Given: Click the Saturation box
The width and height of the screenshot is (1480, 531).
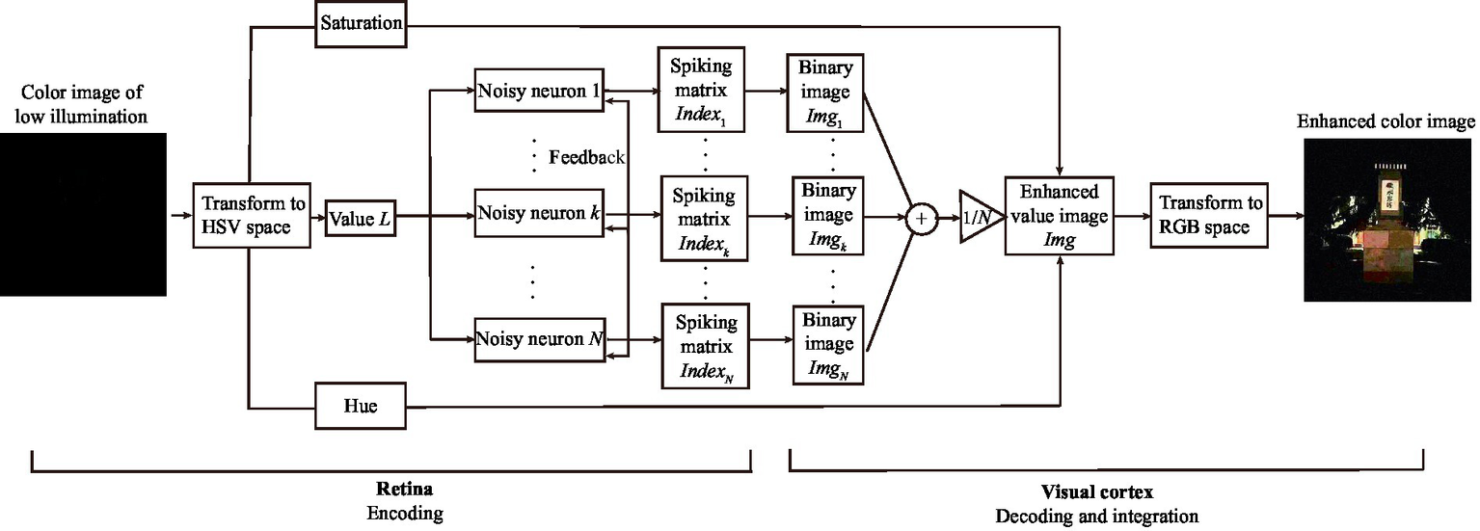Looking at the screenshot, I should tap(360, 23).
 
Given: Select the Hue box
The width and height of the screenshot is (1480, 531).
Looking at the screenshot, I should tap(360, 407).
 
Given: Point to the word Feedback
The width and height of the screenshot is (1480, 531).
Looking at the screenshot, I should tap(586, 157).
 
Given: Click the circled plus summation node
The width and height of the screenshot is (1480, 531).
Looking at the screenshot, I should tap(922, 219).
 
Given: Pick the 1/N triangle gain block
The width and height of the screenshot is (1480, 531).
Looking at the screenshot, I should tap(974, 219).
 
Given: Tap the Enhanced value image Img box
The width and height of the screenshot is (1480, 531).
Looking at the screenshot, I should tap(1059, 216).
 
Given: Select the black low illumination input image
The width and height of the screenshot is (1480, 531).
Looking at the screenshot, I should tap(84, 214).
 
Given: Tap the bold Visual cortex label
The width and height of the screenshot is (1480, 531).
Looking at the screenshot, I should tap(1098, 491).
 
